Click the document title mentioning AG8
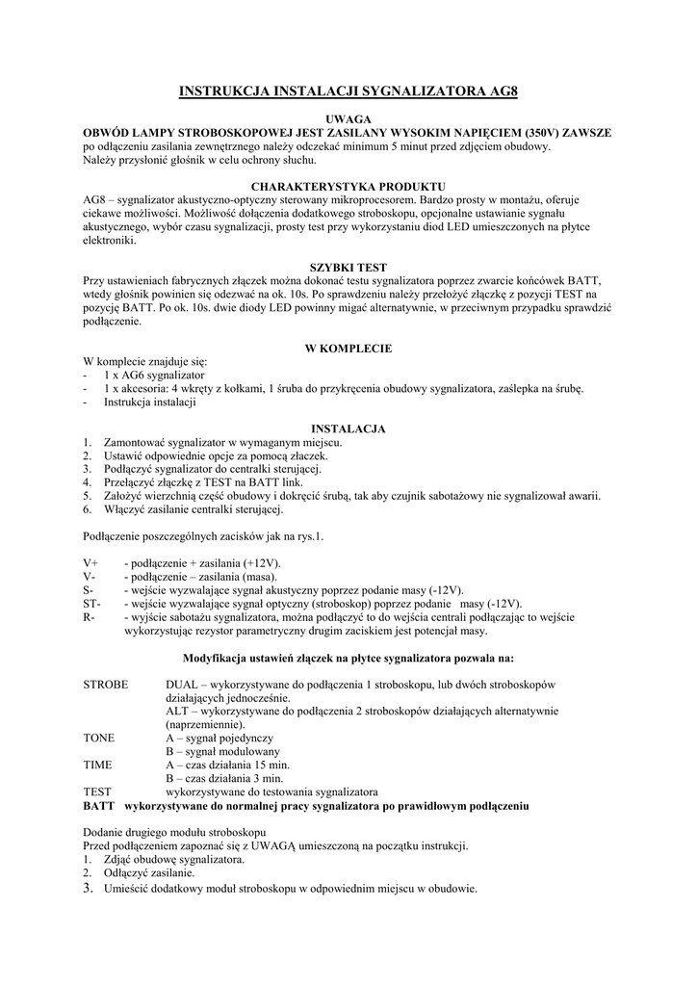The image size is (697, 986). pyautogui.click(x=348, y=92)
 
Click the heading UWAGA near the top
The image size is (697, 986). pyautogui.click(x=348, y=118)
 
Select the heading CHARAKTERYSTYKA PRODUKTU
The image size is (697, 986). pyautogui.click(x=348, y=185)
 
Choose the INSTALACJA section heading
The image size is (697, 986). pyautogui.click(x=348, y=428)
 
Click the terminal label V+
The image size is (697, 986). pyautogui.click(x=90, y=562)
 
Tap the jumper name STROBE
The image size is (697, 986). pyautogui.click(x=105, y=684)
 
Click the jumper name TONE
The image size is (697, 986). pyautogui.click(x=98, y=738)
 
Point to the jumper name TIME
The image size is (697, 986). pyautogui.click(x=97, y=765)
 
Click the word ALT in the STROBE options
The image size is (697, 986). pyautogui.click(x=178, y=711)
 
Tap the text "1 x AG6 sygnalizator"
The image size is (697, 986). pyautogui.click(x=154, y=374)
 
